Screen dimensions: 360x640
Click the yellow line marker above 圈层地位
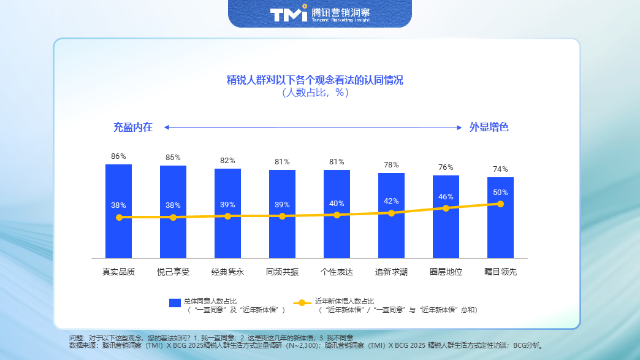coord(446,208)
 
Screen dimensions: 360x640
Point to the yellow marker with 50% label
coord(500,204)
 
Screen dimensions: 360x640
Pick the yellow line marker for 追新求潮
coord(391,213)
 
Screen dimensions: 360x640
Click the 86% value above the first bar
coord(118,156)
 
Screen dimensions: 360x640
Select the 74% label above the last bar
coord(500,169)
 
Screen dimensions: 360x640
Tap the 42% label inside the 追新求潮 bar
coord(391,201)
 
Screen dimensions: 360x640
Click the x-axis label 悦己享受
coord(173,272)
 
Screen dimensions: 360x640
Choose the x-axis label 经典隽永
coord(227,272)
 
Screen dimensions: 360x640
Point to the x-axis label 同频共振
coord(282,272)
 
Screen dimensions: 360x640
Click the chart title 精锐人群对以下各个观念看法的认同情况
coord(315,80)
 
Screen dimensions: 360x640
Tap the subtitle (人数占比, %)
coord(315,93)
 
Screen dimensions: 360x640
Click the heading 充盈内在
coord(132,128)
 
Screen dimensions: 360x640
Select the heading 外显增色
coord(489,128)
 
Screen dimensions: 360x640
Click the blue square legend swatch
coord(175,303)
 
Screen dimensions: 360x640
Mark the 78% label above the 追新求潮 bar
coord(391,165)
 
